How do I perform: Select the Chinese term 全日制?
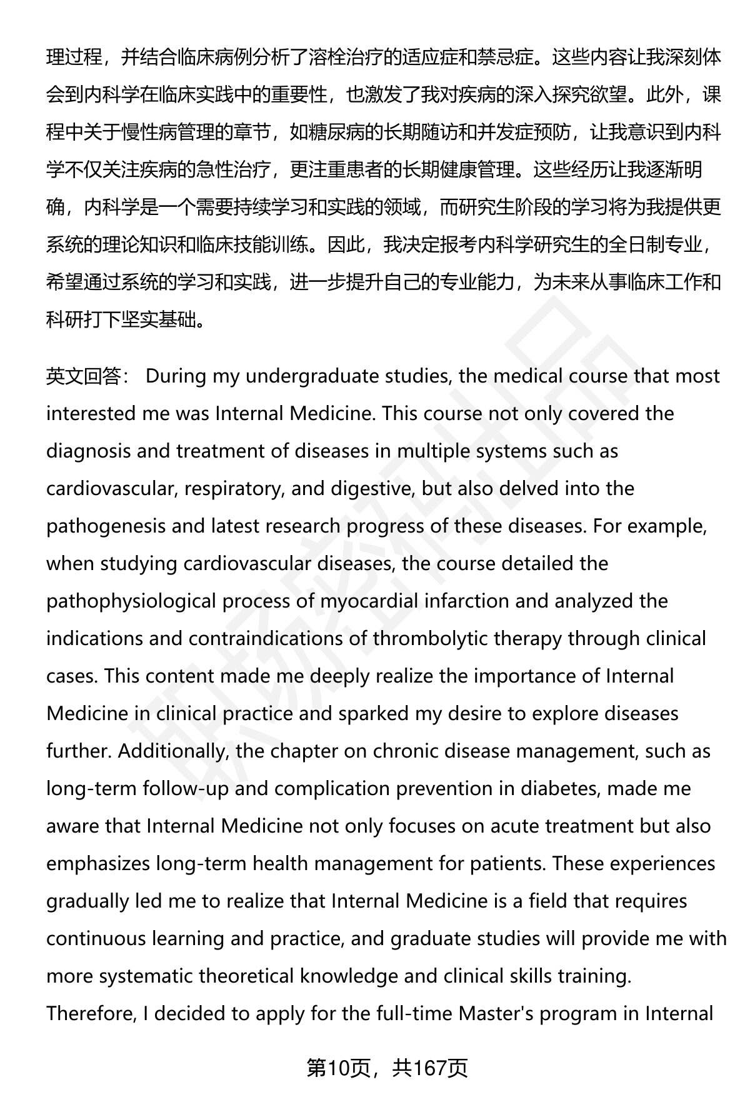tap(636, 245)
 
